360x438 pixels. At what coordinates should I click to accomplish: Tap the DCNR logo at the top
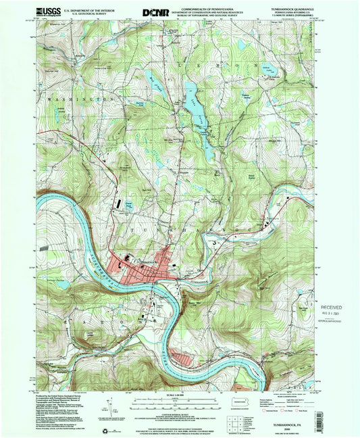[152, 11]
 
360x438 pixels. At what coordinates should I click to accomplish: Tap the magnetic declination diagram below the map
[109, 408]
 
